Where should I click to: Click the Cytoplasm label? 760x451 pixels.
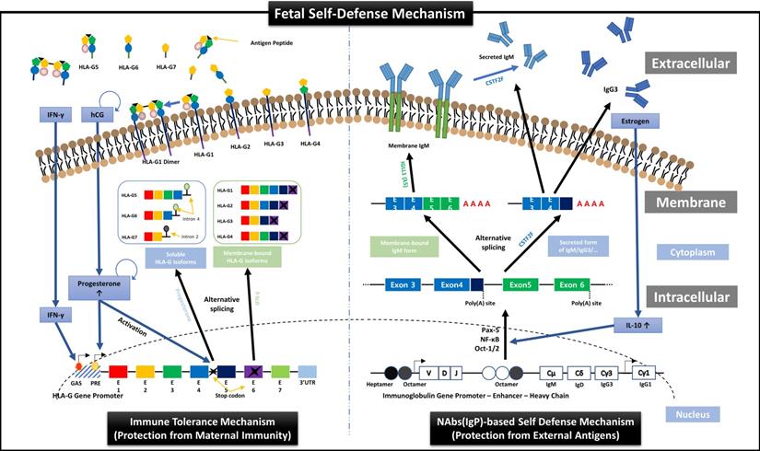pyautogui.click(x=685, y=251)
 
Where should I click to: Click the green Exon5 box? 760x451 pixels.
pyautogui.click(x=521, y=284)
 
